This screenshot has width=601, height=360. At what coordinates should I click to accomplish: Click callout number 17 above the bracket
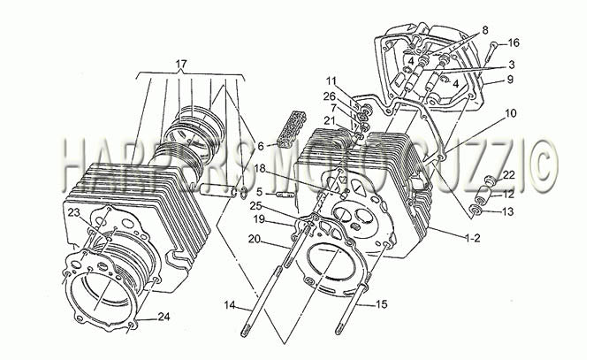coord(181,64)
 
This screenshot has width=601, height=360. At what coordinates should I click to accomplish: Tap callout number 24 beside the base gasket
coord(164,317)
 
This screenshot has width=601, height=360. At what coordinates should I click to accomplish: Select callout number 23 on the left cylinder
coord(75,213)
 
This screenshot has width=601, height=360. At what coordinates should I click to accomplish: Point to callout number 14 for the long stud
coord(230,305)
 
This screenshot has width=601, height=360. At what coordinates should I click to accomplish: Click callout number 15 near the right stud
coord(382,304)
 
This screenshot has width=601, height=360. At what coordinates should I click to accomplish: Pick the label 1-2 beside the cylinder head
coord(473,238)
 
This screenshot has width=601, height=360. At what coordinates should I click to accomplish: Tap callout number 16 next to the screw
coord(514,42)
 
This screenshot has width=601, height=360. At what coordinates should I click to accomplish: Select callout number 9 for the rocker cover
coord(510,80)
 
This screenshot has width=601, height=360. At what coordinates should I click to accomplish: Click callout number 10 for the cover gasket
coord(511,113)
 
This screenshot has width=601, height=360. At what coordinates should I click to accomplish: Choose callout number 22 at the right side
coord(509,175)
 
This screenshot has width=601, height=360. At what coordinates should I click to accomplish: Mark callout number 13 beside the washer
coord(508,211)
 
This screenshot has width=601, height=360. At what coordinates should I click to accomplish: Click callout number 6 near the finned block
coord(261,146)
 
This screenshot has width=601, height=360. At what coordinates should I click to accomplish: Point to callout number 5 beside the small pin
coord(260,191)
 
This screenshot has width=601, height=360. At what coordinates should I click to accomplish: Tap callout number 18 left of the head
coord(270,168)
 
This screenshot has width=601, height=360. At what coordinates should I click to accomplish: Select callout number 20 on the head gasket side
coord(255,239)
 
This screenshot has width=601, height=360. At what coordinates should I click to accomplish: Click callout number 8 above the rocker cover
coord(485,30)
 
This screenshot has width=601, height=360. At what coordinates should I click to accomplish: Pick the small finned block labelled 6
coord(293,125)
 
